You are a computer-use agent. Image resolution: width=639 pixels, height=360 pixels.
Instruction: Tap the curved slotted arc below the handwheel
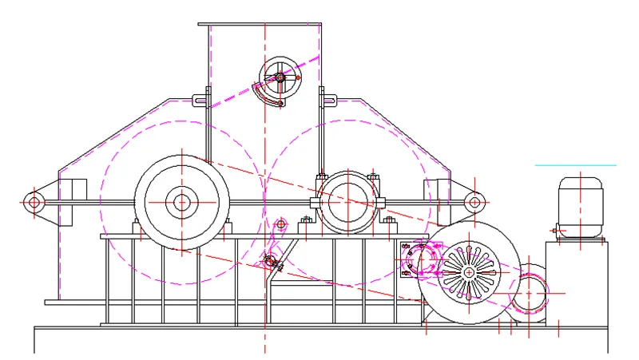click(x=270, y=97)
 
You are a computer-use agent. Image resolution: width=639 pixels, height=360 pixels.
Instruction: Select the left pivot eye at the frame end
click(x=34, y=202)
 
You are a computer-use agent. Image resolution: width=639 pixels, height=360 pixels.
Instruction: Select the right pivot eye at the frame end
click(x=474, y=202)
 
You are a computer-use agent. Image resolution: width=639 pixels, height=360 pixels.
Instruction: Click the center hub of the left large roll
click(x=182, y=202)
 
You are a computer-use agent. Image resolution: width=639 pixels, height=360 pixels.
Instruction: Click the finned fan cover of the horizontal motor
click(x=467, y=272)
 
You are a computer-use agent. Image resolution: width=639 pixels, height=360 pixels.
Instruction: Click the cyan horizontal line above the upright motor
click(x=575, y=165)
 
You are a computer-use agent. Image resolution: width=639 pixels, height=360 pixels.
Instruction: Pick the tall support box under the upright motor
click(x=577, y=279)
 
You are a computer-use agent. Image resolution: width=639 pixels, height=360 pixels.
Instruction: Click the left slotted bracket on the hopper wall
click(x=200, y=101)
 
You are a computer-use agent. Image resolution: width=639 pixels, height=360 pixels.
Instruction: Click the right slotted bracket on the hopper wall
click(x=327, y=101)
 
